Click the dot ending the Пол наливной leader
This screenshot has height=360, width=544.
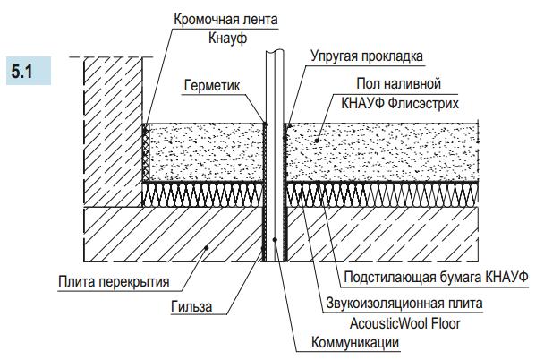point(318,141)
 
